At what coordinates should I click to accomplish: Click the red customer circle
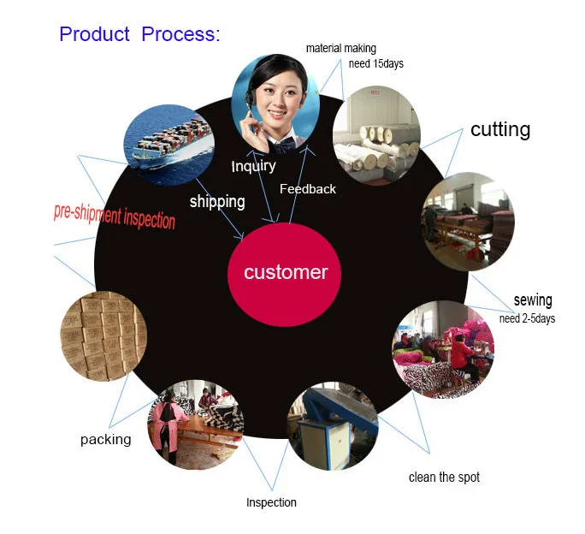tap(286, 272)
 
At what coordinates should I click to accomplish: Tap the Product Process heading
tap(139, 34)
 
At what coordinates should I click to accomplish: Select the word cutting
tap(500, 129)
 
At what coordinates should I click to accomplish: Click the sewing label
tap(533, 300)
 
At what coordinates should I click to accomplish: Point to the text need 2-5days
tap(528, 318)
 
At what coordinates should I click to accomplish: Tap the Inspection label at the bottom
tap(271, 502)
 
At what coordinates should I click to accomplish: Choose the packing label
tap(106, 439)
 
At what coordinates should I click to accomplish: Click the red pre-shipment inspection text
tap(115, 216)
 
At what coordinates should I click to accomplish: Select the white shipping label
tap(217, 201)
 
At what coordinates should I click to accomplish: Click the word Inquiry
tap(254, 165)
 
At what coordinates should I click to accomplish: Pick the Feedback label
tap(308, 188)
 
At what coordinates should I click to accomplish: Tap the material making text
tap(341, 49)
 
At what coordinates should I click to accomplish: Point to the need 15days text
tap(375, 63)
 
